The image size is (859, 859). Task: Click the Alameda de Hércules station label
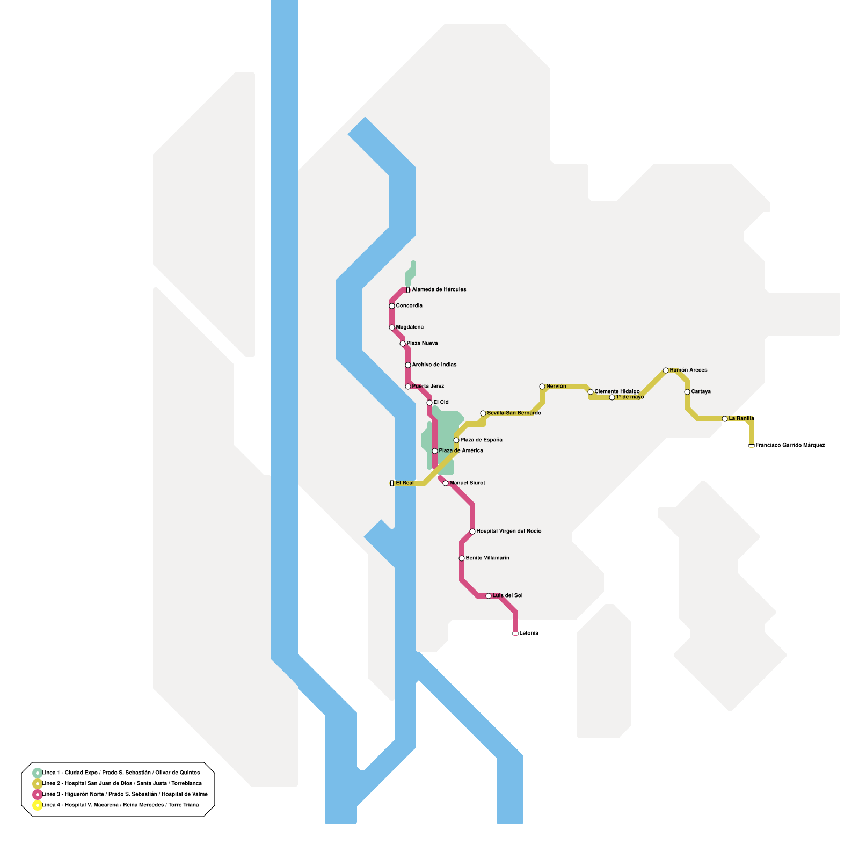coord(439,290)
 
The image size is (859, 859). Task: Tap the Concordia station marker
coord(392,306)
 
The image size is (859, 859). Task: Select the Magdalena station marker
coord(392,327)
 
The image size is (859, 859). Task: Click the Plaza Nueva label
coord(422,344)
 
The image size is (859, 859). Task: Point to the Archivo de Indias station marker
coord(408,365)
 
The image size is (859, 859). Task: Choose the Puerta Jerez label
coord(428,387)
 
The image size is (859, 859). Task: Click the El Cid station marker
coord(429,403)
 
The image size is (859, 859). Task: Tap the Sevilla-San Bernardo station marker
coord(483,413)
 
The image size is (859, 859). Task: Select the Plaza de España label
coord(481,440)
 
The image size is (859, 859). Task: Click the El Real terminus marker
coord(392,483)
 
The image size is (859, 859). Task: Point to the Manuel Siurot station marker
coord(446,483)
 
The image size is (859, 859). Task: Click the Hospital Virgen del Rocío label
coord(508,532)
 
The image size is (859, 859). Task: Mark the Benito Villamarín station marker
coord(462,558)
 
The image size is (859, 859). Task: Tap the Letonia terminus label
coord(529,634)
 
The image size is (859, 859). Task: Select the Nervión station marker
coord(542,387)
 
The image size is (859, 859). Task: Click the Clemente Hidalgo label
coord(617,392)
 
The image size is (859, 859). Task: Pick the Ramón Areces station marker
coord(666,370)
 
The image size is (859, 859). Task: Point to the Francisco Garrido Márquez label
coord(790,446)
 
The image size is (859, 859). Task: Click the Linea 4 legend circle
coord(37,805)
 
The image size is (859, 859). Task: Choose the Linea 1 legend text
coord(121,773)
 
